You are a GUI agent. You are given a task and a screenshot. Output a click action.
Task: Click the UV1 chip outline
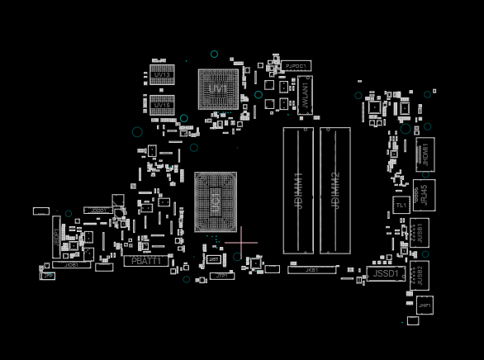218,89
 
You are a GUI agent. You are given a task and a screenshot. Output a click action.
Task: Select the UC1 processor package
216,201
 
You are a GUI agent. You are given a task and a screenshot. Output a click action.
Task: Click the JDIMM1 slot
298,190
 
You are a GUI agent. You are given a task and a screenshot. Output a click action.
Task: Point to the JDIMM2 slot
335,190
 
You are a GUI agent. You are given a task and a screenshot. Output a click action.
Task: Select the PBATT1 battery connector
146,261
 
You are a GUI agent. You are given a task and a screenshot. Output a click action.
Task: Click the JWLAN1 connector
304,95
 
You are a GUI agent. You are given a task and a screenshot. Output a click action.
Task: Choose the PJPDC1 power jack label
296,65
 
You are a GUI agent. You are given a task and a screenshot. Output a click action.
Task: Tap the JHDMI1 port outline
425,154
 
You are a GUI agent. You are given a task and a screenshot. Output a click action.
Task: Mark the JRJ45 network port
425,195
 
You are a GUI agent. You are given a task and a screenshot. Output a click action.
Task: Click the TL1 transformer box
401,206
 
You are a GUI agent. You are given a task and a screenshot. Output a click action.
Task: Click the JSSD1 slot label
386,273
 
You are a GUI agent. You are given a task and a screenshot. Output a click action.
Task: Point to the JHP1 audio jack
425,305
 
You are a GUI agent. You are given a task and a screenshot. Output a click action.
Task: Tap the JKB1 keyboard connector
311,269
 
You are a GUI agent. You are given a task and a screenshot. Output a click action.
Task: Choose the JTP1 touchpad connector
221,276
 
